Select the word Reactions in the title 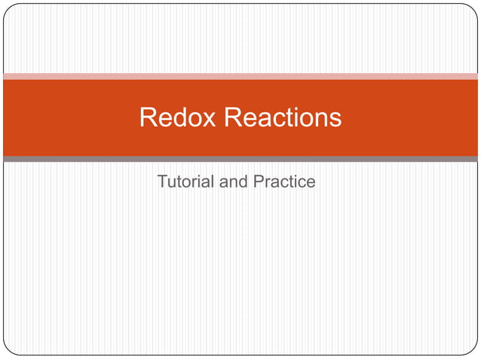[x=283, y=117]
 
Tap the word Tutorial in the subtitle [x=184, y=182]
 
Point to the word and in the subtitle [x=230, y=182]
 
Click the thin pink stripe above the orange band [x=240, y=76]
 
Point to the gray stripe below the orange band [x=240, y=159]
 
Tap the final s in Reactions [x=335, y=119]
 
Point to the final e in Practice [x=311, y=182]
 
